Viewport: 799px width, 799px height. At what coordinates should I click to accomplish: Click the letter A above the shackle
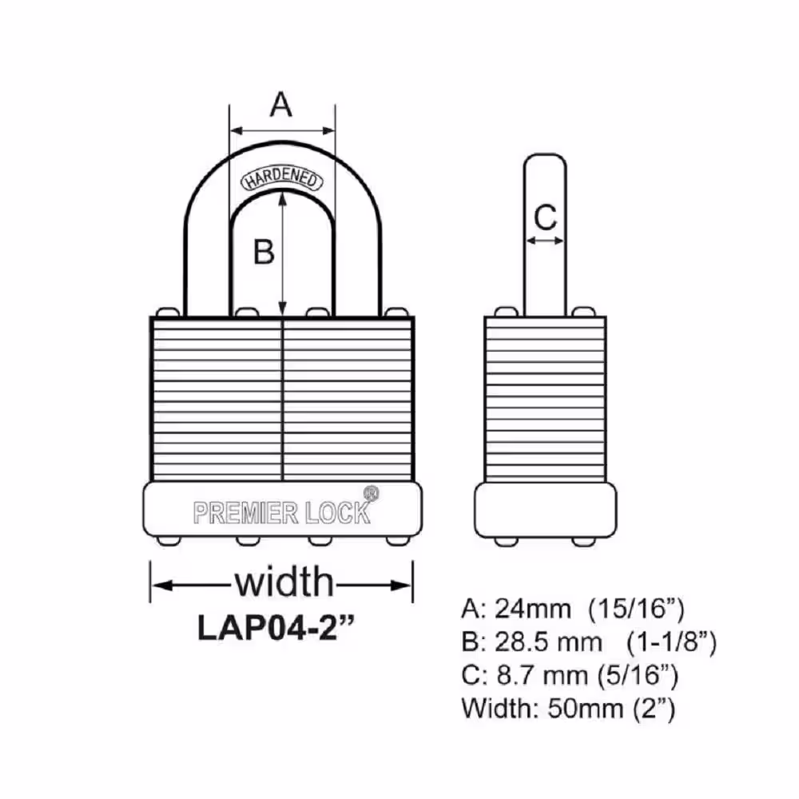(280, 105)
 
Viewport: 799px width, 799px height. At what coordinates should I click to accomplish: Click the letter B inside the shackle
(264, 251)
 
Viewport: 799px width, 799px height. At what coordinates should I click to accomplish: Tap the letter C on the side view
(545, 217)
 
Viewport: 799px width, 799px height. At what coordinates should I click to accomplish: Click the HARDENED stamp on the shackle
(282, 178)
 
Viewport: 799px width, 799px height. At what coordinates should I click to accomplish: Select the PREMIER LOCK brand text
(282, 513)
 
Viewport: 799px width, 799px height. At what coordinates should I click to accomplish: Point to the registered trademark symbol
(371, 493)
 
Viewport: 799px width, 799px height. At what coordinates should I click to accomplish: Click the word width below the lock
(284, 582)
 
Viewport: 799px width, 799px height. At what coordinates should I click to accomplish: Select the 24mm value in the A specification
(533, 608)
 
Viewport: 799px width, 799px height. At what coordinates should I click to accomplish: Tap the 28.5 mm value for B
(549, 642)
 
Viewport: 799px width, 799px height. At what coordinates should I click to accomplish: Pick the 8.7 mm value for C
(543, 675)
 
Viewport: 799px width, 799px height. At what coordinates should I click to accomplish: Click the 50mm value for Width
(586, 708)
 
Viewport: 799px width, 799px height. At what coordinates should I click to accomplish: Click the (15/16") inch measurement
(636, 609)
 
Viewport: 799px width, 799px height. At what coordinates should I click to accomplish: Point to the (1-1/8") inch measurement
(672, 642)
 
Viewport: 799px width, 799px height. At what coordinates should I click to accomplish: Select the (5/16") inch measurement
(638, 676)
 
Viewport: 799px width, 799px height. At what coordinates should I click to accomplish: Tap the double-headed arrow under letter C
(545, 241)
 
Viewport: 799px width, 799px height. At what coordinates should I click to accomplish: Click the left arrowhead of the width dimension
(162, 586)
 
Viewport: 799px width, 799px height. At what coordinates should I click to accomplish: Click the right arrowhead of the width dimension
(400, 586)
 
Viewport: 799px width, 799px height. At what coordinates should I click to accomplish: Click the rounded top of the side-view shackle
(545, 156)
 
